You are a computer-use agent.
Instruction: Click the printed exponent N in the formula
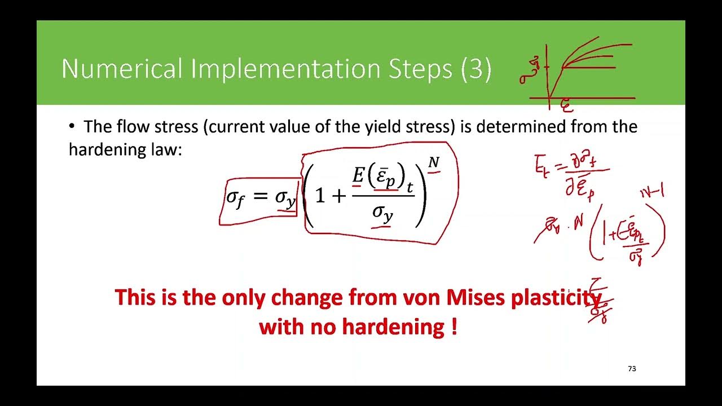click(x=433, y=163)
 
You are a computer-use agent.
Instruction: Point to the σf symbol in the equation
click(x=235, y=198)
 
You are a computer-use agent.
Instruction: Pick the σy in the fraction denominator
click(x=382, y=214)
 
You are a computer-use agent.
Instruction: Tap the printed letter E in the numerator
click(x=358, y=176)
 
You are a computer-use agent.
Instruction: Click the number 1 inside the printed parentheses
click(x=320, y=196)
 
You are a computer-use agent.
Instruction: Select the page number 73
click(x=632, y=369)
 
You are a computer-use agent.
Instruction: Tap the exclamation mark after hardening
click(x=454, y=326)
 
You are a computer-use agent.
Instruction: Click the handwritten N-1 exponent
click(x=652, y=193)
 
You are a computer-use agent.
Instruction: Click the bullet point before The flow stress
click(x=72, y=126)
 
